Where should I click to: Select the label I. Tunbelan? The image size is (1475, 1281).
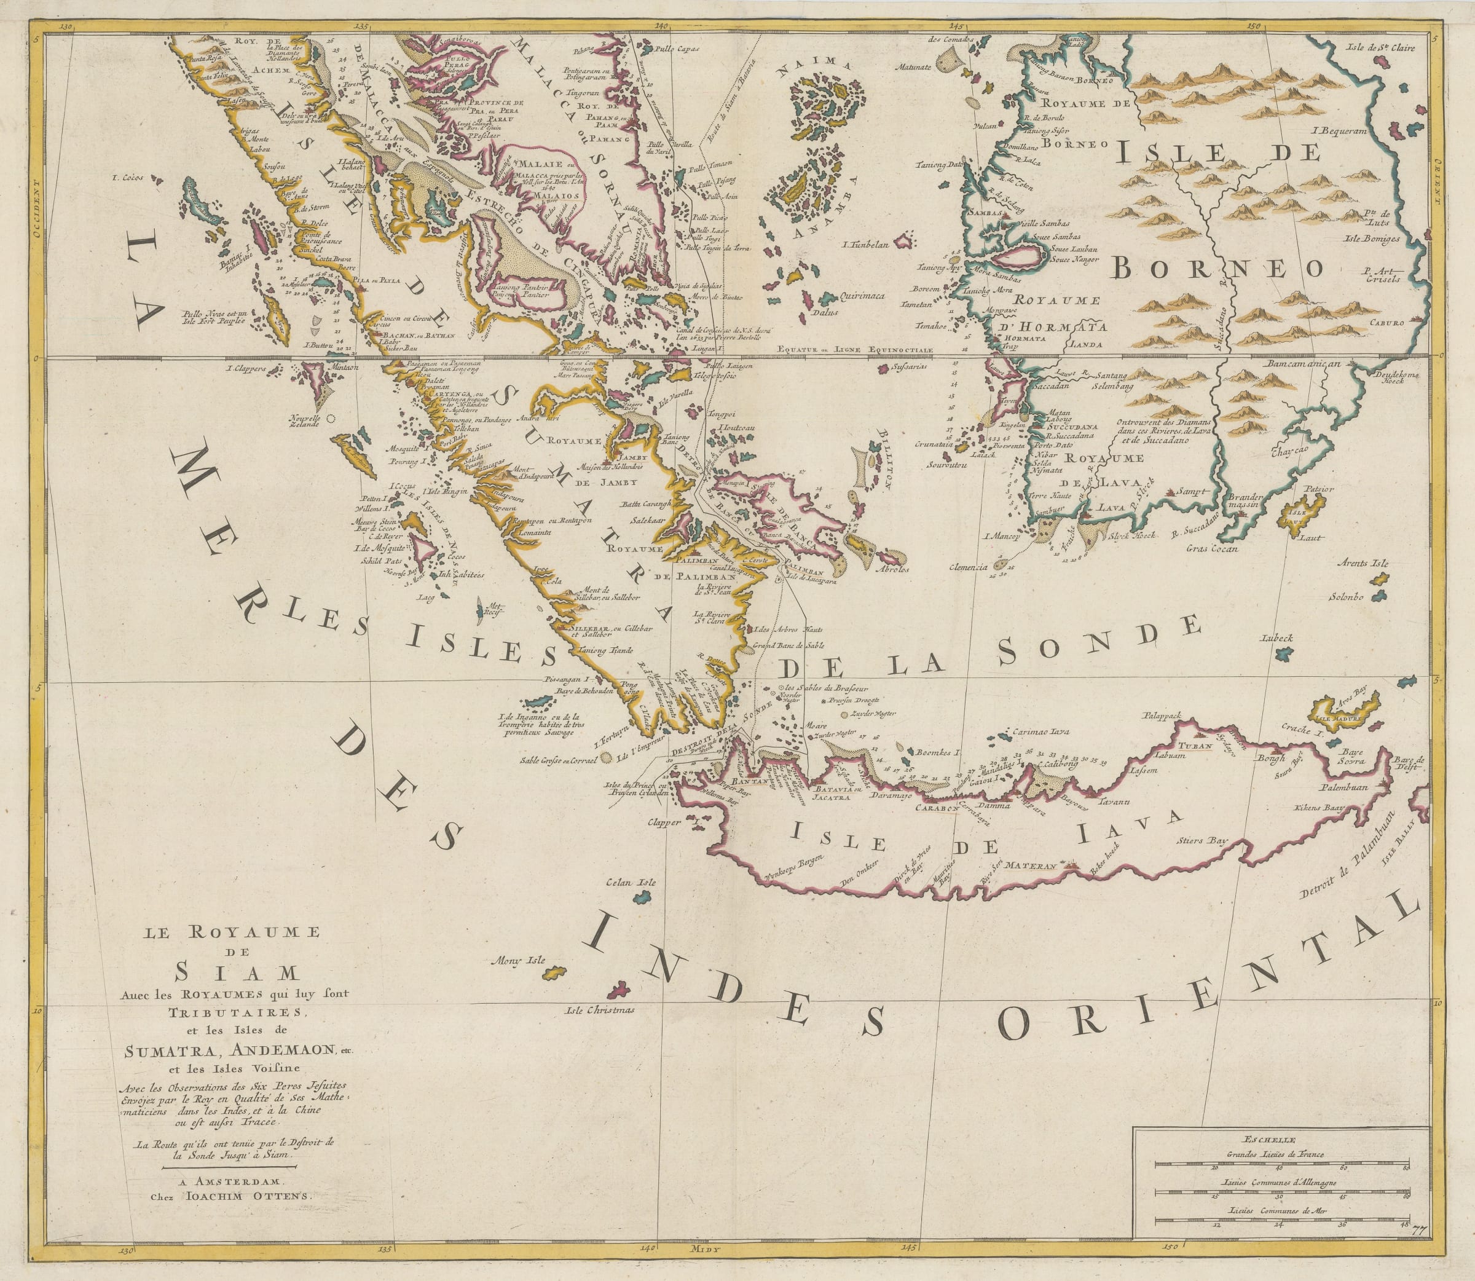click(865, 245)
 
